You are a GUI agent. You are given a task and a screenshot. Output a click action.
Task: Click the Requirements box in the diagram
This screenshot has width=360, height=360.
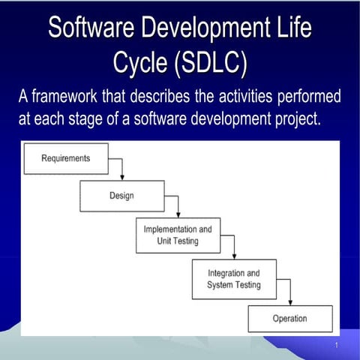tap(66, 158)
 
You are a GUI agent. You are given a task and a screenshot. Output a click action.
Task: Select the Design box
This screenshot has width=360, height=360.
tap(121, 196)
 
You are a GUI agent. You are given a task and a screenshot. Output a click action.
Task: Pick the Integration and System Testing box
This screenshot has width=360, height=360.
tap(234, 279)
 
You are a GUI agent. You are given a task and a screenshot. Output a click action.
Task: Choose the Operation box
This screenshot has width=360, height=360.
tap(289, 319)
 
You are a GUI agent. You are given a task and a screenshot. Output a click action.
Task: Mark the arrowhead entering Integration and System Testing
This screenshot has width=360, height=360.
tap(234, 256)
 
